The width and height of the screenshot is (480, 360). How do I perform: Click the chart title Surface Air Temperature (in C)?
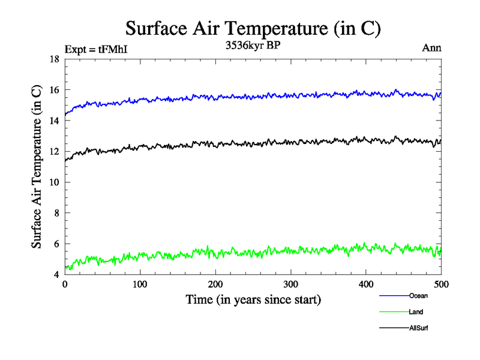(253, 28)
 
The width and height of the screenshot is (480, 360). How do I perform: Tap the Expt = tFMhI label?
(96, 50)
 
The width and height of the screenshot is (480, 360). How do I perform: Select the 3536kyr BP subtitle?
(253, 44)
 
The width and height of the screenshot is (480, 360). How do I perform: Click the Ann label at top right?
(432, 49)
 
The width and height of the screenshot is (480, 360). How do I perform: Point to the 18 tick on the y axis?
(54, 59)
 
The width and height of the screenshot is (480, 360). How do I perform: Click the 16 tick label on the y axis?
(54, 90)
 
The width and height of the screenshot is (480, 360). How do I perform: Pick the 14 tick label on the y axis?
(54, 121)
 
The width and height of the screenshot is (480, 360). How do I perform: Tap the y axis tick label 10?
(54, 182)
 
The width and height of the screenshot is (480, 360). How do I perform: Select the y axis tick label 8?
(56, 213)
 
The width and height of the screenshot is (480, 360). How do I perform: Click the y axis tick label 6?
(56, 244)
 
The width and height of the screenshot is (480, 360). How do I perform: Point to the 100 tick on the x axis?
(140, 284)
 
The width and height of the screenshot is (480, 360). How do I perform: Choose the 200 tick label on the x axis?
(215, 284)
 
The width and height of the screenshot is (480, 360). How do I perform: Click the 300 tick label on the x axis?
(291, 284)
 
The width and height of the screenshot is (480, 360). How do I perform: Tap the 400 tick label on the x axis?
(366, 284)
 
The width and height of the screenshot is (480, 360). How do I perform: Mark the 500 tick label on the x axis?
(441, 284)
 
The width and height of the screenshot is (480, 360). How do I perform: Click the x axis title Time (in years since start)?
(253, 299)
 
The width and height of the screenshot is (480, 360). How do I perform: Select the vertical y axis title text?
(37, 167)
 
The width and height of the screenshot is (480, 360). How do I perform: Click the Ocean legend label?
(418, 296)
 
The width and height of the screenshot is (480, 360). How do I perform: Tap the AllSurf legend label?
(419, 328)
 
